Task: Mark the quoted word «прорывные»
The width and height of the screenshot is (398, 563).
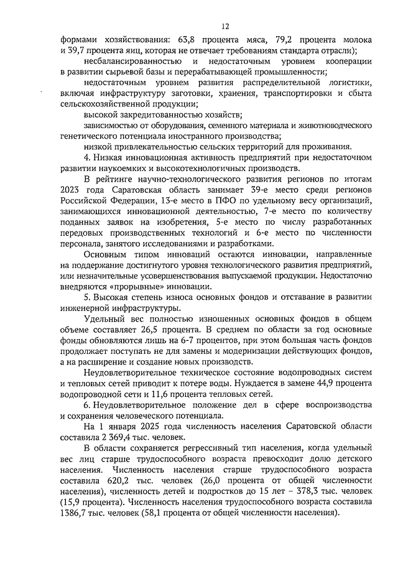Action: tap(128, 286)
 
